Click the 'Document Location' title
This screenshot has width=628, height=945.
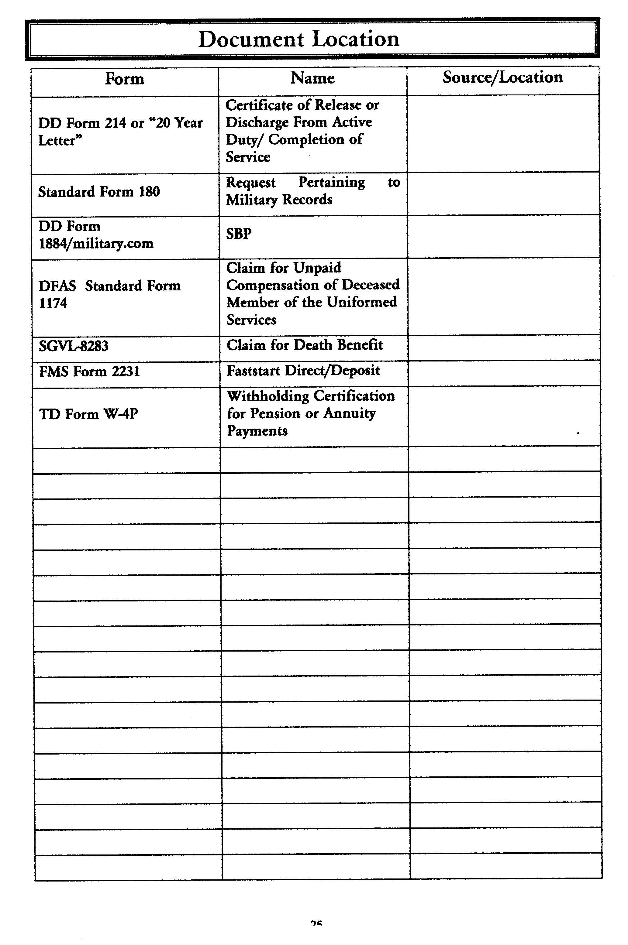tap(299, 39)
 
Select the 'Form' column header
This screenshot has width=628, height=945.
tap(125, 79)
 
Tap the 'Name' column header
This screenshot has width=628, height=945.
tap(312, 78)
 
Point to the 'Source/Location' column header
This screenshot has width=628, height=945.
tap(503, 77)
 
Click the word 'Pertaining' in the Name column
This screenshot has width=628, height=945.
tap(332, 183)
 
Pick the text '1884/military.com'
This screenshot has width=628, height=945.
tap(96, 244)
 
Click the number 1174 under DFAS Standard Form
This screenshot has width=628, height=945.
tap(53, 303)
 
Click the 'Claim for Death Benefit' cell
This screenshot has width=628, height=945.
tap(305, 345)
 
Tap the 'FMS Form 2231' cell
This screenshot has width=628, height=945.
tap(89, 372)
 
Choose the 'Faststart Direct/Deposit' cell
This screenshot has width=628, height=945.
tap(303, 371)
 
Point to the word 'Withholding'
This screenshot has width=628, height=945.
tap(268, 396)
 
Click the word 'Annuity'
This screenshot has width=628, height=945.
tap(350, 413)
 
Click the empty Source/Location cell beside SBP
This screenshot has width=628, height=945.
tap(503, 236)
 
